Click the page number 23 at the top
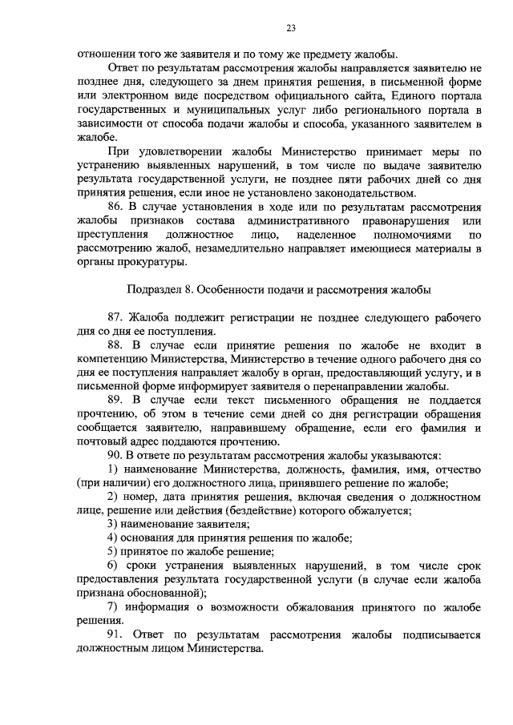291,29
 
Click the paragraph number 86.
115,207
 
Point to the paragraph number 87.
115,316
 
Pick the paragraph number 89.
115,401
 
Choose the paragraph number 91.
115,634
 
